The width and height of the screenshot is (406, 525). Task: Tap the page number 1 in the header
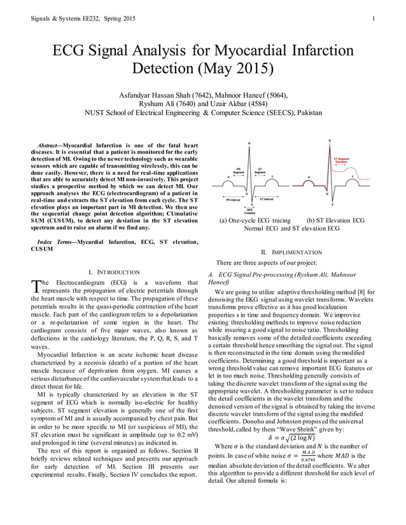click(x=375, y=18)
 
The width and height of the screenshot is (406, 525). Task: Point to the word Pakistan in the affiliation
click(x=307, y=112)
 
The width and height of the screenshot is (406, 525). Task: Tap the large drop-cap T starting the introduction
click(x=34, y=287)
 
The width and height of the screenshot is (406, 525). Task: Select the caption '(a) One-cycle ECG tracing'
click(x=255, y=220)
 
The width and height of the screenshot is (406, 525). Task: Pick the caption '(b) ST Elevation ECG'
click(x=335, y=220)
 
